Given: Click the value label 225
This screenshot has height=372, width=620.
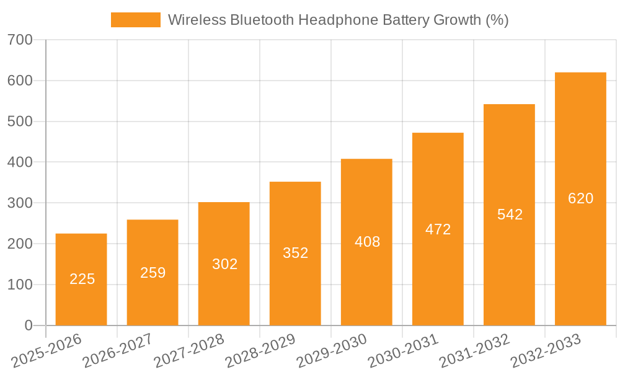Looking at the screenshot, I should (x=82, y=279).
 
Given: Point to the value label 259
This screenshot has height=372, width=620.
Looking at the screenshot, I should (x=153, y=272).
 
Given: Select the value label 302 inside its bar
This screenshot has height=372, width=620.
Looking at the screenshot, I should (x=224, y=264).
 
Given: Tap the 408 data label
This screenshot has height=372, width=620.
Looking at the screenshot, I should (x=367, y=242).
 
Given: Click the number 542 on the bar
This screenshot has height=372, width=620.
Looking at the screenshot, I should (x=510, y=215).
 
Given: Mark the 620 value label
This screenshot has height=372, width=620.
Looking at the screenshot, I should (x=580, y=198).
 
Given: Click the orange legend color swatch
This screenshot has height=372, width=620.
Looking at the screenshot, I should (x=135, y=20).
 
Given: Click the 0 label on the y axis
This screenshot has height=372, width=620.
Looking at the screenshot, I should (x=28, y=325).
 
